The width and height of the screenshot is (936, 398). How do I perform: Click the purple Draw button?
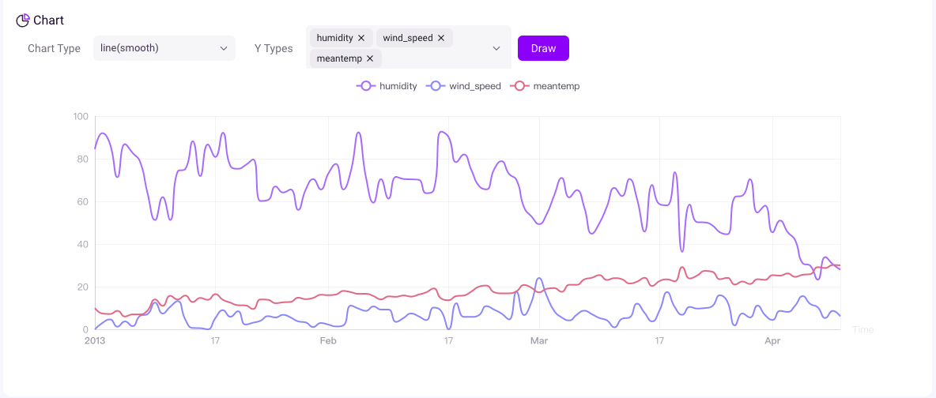pyautogui.click(x=543, y=48)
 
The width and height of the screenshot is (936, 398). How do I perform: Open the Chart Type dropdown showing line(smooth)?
pyautogui.click(x=164, y=48)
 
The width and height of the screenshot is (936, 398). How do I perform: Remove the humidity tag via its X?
pyautogui.click(x=361, y=38)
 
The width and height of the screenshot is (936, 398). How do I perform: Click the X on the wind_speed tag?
pyautogui.click(x=441, y=38)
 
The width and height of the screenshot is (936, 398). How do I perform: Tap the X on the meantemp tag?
pyautogui.click(x=370, y=58)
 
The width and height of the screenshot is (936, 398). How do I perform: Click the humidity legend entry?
pyautogui.click(x=387, y=86)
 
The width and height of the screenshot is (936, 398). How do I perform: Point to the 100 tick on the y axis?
pyautogui.click(x=81, y=117)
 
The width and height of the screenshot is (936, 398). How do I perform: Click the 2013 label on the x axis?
pyautogui.click(x=95, y=341)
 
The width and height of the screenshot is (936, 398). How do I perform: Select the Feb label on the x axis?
pyautogui.click(x=328, y=341)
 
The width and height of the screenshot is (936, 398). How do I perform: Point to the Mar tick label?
pyautogui.click(x=539, y=341)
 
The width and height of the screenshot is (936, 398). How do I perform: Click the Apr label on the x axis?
pyautogui.click(x=772, y=341)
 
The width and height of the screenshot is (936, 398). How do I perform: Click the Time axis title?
pyautogui.click(x=863, y=329)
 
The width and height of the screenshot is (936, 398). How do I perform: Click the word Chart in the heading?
pyautogui.click(x=49, y=21)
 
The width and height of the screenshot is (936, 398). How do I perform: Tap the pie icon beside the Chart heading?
pyautogui.click(x=23, y=21)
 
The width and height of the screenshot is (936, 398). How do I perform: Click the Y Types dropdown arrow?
pyautogui.click(x=496, y=48)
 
